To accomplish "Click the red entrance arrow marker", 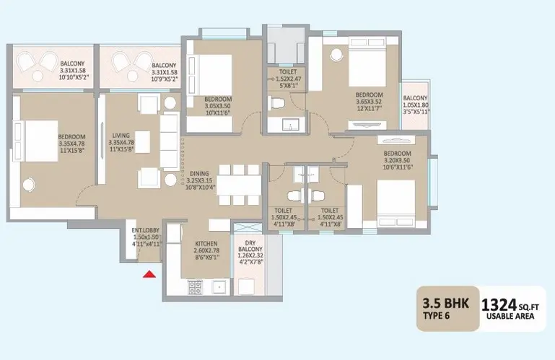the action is pyautogui.click(x=149, y=274).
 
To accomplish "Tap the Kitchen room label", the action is pyautogui.click(x=206, y=244).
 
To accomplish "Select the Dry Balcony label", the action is pyautogui.click(x=250, y=246).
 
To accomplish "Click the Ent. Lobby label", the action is pyautogui.click(x=146, y=230).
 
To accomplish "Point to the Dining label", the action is pyautogui.click(x=199, y=174).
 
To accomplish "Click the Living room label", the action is pyautogui.click(x=121, y=136).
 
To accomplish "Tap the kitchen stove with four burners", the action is pyautogui.click(x=195, y=287).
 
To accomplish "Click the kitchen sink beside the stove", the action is pyautogui.click(x=220, y=286).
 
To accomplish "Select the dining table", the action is pyautogui.click(x=239, y=185).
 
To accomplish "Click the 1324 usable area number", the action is pyautogui.click(x=499, y=304).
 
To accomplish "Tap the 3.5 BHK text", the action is pyautogui.click(x=445, y=303).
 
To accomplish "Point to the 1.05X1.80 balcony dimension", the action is pyautogui.click(x=416, y=105).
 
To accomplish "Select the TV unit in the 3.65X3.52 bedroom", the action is pyautogui.click(x=367, y=125).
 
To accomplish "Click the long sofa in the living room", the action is pyautogui.click(x=170, y=141).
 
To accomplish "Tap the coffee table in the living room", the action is pyautogui.click(x=142, y=142).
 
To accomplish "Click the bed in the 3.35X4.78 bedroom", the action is pyautogui.click(x=36, y=141).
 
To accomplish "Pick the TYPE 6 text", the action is pyautogui.click(x=437, y=316).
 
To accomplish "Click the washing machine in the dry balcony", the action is pyautogui.click(x=247, y=286).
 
